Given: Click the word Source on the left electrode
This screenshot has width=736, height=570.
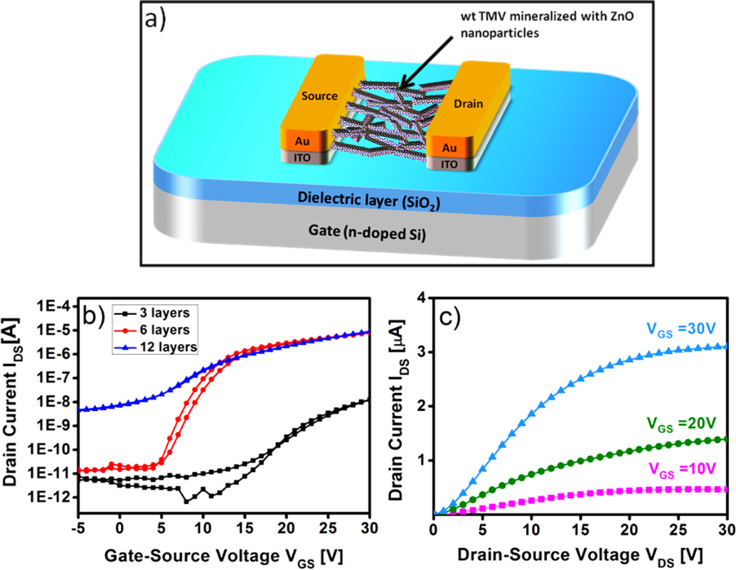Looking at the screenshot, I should point(319,95).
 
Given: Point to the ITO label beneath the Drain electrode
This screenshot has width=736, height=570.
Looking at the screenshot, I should point(448,164).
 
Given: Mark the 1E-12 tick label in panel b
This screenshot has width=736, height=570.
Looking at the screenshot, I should point(54,497).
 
